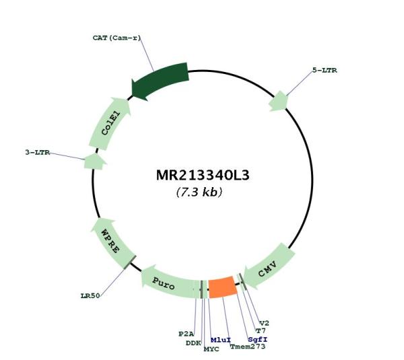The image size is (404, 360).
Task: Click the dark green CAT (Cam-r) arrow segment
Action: pyautogui.click(x=160, y=81)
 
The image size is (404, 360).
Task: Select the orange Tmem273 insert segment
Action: pyautogui.click(x=223, y=287)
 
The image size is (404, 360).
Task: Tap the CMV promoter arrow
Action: pyautogui.click(x=269, y=266)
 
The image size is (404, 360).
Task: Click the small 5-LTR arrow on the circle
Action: pyautogui.click(x=278, y=102)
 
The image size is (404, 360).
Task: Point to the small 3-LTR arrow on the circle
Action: pyautogui.click(x=94, y=161)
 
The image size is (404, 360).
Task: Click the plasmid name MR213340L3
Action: pyautogui.click(x=203, y=176)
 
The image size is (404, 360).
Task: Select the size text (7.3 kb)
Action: pyautogui.click(x=199, y=192)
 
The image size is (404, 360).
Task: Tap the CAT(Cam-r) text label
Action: pyautogui.click(x=116, y=38)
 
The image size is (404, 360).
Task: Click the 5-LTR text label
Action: pyautogui.click(x=325, y=70)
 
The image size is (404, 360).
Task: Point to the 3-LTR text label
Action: pyautogui.click(x=38, y=152)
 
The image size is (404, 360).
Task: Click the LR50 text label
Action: pyautogui.click(x=90, y=296)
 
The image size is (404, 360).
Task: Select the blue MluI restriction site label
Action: pyautogui.click(x=221, y=340)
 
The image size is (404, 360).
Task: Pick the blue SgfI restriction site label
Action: pyautogui.click(x=258, y=339)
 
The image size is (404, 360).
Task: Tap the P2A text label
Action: pyautogui.click(x=187, y=334)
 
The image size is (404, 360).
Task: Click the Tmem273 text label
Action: pyautogui.click(x=248, y=347)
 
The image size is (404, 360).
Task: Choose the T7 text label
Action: pyautogui.click(x=261, y=330)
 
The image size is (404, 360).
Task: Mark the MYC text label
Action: pyautogui.click(x=211, y=349)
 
